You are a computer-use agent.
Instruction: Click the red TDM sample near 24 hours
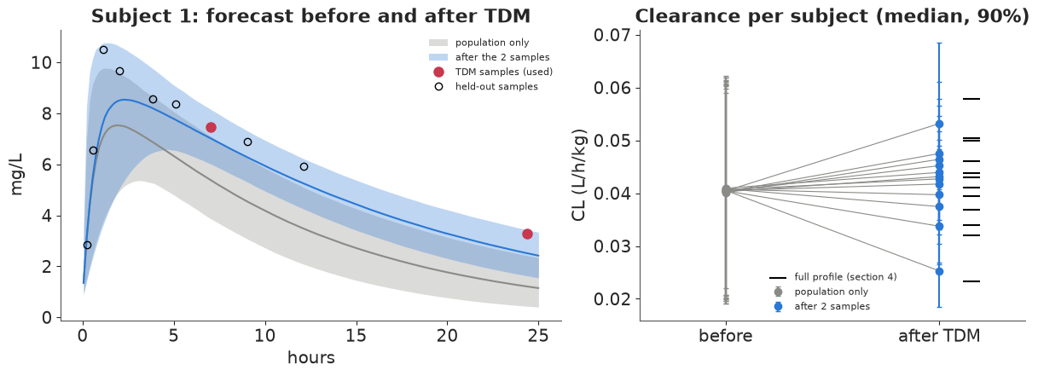tap(527, 234)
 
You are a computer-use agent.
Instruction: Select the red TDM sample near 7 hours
tap(211, 127)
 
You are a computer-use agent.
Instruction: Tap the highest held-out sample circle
tap(104, 50)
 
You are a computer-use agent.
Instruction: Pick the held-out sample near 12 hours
tap(304, 167)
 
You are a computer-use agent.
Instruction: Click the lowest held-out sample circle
tap(87, 246)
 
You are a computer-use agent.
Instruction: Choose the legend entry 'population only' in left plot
tap(491, 43)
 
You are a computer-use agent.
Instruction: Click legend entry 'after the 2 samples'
tap(502, 57)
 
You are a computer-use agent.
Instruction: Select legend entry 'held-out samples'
tap(496, 87)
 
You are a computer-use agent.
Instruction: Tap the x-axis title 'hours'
tap(311, 357)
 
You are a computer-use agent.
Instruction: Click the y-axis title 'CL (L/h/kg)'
tap(579, 175)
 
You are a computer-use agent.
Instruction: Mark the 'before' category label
tap(726, 336)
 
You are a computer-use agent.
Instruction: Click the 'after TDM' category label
tap(939, 336)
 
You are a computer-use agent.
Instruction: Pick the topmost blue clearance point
tap(939, 124)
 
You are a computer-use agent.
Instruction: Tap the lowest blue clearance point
tap(939, 271)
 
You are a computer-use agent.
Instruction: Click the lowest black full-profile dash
tap(971, 281)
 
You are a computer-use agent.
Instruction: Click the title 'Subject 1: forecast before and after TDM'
tap(311, 16)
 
